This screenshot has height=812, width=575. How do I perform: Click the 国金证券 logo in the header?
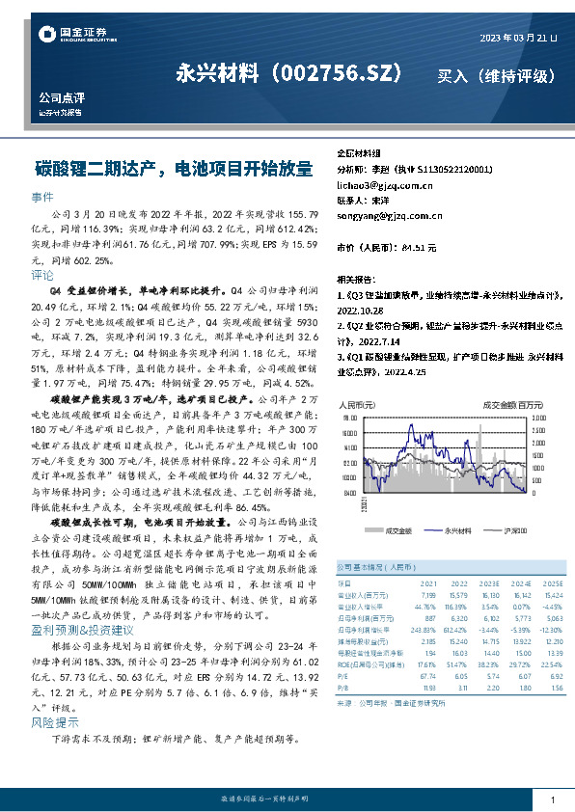[72, 35]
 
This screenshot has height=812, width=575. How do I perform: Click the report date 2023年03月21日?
[518, 38]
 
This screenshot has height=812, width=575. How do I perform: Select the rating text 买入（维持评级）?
[496, 76]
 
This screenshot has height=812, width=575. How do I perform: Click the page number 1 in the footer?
[552, 798]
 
